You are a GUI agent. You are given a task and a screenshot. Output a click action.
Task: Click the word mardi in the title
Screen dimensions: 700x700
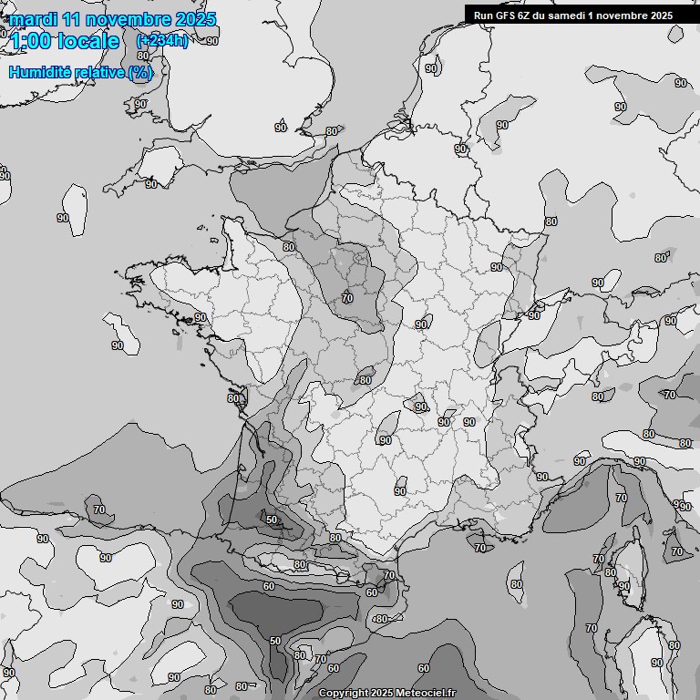pyautogui.click(x=34, y=19)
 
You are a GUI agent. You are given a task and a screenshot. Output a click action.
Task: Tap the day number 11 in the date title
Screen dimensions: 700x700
pyautogui.click(x=73, y=19)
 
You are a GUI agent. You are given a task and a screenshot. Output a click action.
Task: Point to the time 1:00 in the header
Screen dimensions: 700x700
pyautogui.click(x=30, y=41)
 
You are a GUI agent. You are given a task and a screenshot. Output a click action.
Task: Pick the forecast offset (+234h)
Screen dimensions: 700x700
pyautogui.click(x=161, y=41)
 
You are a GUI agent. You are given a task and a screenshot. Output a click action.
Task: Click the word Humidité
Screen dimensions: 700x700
pyautogui.click(x=37, y=72)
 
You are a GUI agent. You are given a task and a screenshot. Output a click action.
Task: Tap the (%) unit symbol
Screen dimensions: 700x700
pyautogui.click(x=140, y=72)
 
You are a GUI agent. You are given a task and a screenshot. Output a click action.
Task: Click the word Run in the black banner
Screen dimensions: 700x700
pyautogui.click(x=485, y=15)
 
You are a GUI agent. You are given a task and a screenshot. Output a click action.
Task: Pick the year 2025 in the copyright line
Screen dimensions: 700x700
pyautogui.click(x=382, y=694)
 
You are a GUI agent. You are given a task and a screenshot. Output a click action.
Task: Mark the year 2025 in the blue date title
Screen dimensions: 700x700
pyautogui.click(x=194, y=19)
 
